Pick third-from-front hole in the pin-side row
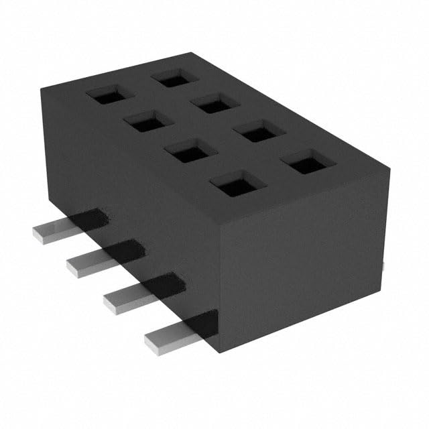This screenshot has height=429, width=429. [145, 122]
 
